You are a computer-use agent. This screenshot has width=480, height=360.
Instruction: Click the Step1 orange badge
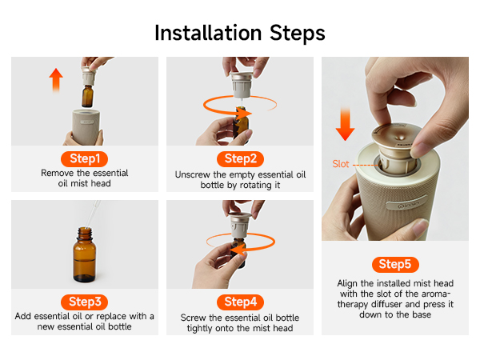pos(85,159)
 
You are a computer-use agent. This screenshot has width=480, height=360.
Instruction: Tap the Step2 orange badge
pos(240,159)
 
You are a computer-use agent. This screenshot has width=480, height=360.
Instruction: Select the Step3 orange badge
pos(85,302)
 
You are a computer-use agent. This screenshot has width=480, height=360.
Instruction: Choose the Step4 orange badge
pos(240,302)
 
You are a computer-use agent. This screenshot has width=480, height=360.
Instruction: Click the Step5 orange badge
pos(395,265)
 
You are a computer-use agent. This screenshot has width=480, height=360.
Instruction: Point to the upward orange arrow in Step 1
pos(56,80)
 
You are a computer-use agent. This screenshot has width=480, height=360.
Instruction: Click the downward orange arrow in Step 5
pos(345,124)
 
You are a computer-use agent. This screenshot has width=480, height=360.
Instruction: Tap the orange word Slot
pos(341,164)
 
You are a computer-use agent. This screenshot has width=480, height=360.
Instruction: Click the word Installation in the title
pos(208,33)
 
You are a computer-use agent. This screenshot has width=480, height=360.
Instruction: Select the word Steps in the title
pos(298,34)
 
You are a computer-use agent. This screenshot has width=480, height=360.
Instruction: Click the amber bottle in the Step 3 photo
pos(85,254)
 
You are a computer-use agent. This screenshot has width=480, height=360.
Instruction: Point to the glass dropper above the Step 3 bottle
pos(93,214)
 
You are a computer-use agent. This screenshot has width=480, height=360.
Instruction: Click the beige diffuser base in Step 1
pos(86,127)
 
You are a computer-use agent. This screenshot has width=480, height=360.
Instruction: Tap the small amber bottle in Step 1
pos(87,96)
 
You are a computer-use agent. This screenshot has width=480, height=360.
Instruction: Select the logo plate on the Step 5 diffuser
pos(407,202)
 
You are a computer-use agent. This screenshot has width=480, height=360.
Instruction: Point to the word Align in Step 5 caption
pos(347,284)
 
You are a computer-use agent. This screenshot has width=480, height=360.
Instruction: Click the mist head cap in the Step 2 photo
pos(242,84)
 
